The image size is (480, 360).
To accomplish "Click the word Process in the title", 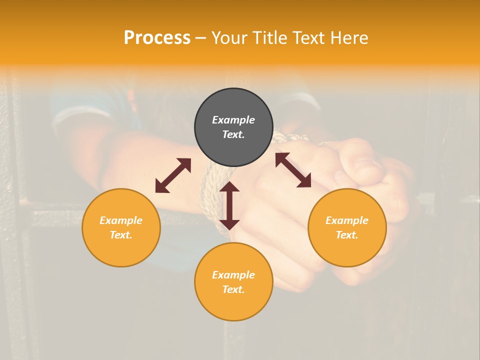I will (157, 38).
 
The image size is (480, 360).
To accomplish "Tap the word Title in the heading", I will (270, 38).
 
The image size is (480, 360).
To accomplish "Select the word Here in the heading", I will (348, 38).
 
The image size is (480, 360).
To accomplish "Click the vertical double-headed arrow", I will (229, 205).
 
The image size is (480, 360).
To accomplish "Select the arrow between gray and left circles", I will (173, 175).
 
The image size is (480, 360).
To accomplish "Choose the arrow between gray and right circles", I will (293, 170).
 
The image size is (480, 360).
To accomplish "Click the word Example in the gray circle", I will (233, 120).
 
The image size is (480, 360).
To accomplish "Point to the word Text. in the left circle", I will (121, 235).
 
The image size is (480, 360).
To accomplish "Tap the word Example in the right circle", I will (347, 220).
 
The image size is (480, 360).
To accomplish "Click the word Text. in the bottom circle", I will (233, 289).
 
